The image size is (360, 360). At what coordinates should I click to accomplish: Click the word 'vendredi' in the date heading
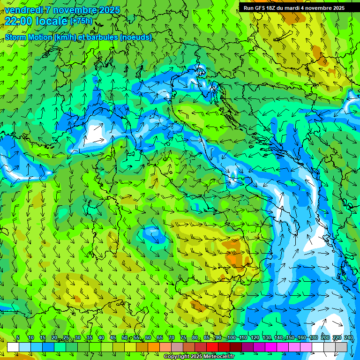click(x=22, y=10)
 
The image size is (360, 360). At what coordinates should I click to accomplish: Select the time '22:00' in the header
click(x=18, y=21)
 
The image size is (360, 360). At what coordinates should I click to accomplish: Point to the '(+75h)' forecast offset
click(x=81, y=21)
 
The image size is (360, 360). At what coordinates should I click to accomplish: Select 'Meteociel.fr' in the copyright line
click(x=216, y=357)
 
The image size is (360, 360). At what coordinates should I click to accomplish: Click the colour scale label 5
click(x=18, y=337)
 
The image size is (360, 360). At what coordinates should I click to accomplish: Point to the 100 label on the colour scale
click(x=231, y=337)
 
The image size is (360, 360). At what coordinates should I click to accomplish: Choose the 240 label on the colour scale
click(x=348, y=337)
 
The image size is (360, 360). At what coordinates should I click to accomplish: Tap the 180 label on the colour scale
click(x=313, y=337)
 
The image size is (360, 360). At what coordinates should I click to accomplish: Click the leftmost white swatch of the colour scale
click(x=13, y=347)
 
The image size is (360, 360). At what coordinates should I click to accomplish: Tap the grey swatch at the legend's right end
click(x=341, y=347)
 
